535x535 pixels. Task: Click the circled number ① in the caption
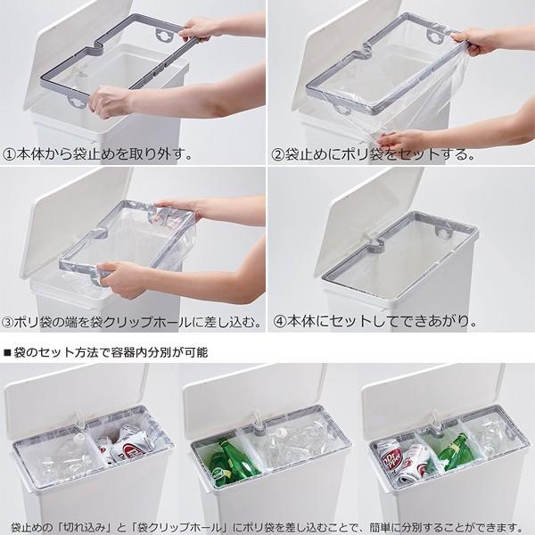point(9,154)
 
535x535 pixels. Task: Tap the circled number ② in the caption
point(277,154)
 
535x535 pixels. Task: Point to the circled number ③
point(7,322)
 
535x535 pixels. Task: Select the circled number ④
point(280,321)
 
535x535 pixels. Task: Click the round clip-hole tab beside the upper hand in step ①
point(164,35)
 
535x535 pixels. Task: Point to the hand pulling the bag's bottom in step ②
point(399,139)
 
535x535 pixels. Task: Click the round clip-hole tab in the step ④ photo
point(443,233)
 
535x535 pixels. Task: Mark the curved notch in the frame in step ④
point(374,246)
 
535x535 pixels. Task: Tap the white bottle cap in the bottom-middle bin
point(281,432)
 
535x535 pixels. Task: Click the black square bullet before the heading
point(6,352)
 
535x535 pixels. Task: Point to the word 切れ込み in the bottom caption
point(88,528)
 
